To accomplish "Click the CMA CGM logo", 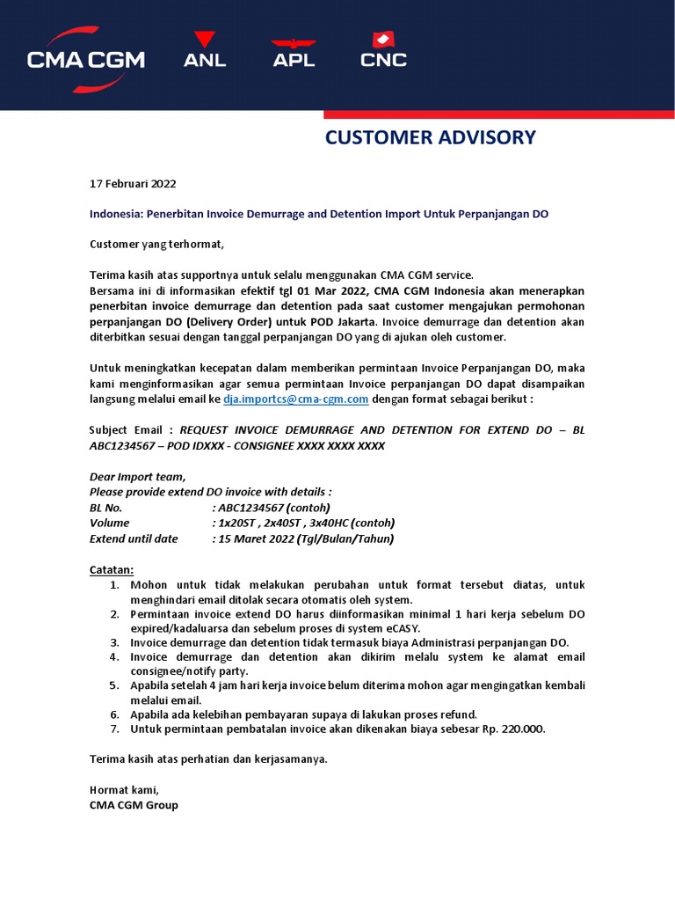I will point(85,58).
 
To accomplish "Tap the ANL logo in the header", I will point(205,51).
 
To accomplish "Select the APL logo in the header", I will point(294,53).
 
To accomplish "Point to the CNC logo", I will point(383,51).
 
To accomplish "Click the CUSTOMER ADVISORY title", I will point(430,137).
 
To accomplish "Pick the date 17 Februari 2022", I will point(133,184).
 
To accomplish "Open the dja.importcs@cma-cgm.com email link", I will point(295,399).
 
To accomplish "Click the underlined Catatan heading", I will point(112,568).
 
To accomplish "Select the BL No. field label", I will point(106,508).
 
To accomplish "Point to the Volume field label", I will point(110,523).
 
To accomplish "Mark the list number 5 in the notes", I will point(114,685).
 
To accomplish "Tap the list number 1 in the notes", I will point(114,584).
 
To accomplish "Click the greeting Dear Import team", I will point(138,476).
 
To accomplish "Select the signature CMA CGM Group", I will point(134,804).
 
